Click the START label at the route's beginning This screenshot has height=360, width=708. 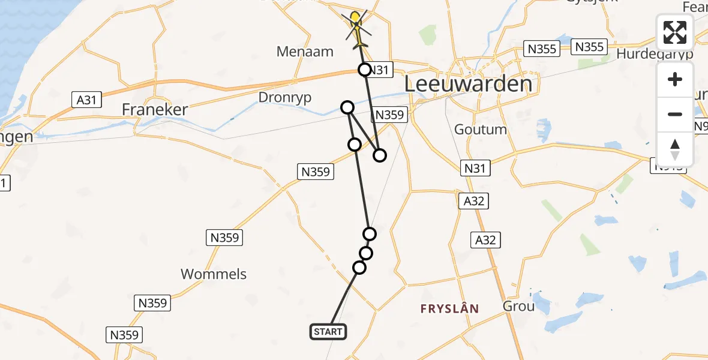(x=328, y=332)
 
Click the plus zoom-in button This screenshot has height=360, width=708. (x=675, y=79)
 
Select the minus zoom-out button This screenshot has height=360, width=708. (x=675, y=114)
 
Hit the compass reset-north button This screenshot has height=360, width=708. (x=675, y=149)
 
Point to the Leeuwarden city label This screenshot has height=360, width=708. (x=469, y=84)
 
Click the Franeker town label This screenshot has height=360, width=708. (x=155, y=110)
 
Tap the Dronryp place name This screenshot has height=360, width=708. (x=285, y=97)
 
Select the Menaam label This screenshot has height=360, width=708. (x=305, y=52)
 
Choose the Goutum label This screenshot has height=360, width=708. (x=481, y=130)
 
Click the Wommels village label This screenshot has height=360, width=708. (x=214, y=274)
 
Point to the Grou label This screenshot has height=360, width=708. (x=518, y=307)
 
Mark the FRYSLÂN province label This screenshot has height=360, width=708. (x=449, y=309)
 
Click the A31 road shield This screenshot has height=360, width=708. (x=87, y=99)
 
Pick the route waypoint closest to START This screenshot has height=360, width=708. (x=359, y=268)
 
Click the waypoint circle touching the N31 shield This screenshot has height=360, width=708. (x=364, y=70)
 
